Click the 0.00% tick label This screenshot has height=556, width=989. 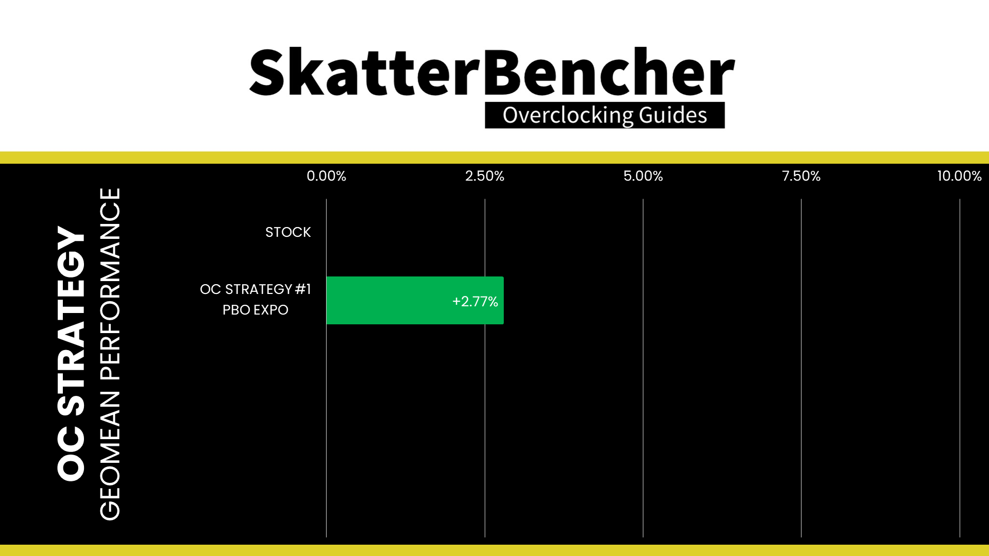click(x=326, y=176)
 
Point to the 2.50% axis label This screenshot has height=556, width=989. click(x=485, y=176)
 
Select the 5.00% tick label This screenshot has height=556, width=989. click(x=643, y=176)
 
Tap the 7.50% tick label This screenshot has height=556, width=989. click(x=801, y=176)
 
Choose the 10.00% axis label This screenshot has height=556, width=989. click(x=959, y=176)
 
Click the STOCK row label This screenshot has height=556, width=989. click(x=288, y=232)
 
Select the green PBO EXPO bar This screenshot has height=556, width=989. click(x=415, y=300)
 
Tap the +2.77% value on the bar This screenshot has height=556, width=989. click(x=475, y=301)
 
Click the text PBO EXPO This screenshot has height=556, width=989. click(x=255, y=310)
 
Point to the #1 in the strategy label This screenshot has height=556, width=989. click(x=303, y=289)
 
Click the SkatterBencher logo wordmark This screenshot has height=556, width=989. click(x=492, y=72)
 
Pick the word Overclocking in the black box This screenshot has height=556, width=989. click(x=568, y=115)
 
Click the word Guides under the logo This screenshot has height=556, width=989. click(x=673, y=115)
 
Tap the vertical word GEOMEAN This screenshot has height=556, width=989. click(x=110, y=456)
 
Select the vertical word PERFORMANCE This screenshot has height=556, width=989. click(x=110, y=284)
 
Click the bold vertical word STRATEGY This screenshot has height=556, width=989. click(x=71, y=321)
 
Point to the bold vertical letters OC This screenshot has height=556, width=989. click(x=71, y=454)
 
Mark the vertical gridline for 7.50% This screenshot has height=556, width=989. click(x=801, y=368)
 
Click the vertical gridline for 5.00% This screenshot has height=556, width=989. click(x=643, y=368)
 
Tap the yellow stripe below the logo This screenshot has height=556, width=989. click(x=494, y=158)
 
